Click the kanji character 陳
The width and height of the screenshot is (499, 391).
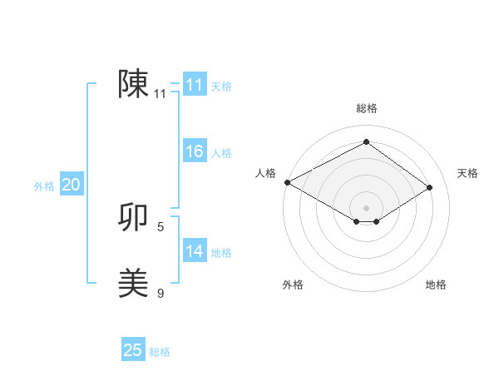coord(133,84)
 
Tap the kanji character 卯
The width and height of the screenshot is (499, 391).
coord(133,218)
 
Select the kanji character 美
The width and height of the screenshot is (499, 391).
coord(133,284)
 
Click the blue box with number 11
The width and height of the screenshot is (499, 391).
coord(194,85)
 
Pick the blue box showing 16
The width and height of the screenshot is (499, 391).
coord(194,151)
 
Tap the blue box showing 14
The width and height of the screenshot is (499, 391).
coord(194,251)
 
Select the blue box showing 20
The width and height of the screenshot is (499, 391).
coord(71,185)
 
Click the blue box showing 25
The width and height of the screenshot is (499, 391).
coord(132,350)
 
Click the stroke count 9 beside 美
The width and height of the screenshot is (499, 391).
coord(161,293)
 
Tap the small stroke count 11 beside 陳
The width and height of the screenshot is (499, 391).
coord(161,94)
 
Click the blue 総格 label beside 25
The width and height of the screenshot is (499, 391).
coord(160,352)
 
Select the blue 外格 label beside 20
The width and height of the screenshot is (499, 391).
coord(44,186)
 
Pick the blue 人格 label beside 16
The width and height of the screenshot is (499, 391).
coord(221,153)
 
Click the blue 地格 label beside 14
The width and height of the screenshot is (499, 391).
coord(221,253)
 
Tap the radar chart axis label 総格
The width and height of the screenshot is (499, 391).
coord(366,108)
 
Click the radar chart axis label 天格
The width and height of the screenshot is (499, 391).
coord(467,173)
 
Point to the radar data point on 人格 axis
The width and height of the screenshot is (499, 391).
coord(287,181)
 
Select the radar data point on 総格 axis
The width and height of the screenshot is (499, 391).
coord(366,141)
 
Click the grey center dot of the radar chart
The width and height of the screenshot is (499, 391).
coord(366,207)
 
